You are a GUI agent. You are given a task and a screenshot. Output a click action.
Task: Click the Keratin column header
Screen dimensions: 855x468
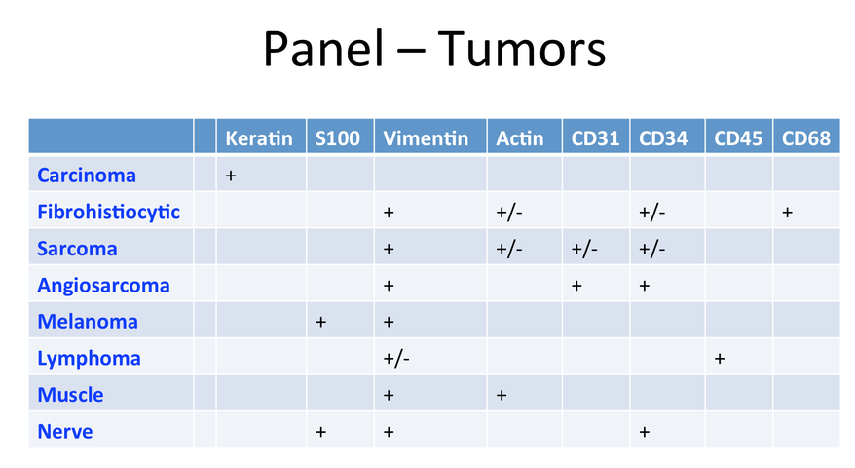[x=259, y=138]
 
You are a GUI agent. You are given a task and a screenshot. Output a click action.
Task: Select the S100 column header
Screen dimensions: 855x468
[x=338, y=138]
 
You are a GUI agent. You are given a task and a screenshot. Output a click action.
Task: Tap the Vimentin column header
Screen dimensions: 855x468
[x=426, y=138]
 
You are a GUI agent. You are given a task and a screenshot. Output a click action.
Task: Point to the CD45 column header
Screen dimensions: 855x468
[x=738, y=138]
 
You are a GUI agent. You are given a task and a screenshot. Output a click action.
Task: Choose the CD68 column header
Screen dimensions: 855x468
[x=806, y=138]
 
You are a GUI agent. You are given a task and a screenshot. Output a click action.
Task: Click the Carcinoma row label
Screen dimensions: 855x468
[x=87, y=175]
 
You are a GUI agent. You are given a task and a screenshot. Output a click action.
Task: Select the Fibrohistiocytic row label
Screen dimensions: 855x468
[x=108, y=212]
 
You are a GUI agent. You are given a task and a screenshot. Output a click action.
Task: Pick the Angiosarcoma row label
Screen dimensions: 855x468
[x=103, y=286]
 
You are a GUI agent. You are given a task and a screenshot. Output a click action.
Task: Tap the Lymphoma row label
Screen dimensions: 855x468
[x=89, y=359]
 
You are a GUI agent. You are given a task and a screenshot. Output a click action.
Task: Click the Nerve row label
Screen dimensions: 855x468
[x=65, y=431]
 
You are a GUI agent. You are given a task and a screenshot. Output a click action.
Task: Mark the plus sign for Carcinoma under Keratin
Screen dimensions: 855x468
[x=231, y=175]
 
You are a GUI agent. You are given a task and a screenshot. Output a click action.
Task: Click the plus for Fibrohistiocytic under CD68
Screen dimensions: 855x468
[x=788, y=213]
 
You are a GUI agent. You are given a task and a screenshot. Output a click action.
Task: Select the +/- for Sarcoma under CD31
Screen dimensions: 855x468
[x=584, y=250]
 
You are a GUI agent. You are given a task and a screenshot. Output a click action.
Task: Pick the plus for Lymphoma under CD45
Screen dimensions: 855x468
[x=720, y=359]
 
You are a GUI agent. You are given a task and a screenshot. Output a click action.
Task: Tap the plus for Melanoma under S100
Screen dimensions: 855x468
[x=320, y=322]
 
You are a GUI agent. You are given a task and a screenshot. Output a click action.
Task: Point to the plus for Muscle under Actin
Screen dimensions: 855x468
[x=502, y=396]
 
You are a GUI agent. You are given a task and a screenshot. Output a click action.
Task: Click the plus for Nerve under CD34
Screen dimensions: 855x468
[x=645, y=432]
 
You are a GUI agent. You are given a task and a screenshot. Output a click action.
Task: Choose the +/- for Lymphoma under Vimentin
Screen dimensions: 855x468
[x=396, y=359]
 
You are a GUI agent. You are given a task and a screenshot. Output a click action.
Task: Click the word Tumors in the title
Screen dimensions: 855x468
[x=522, y=49]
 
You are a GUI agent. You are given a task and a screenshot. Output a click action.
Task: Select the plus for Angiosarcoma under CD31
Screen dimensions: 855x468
[x=576, y=286]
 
